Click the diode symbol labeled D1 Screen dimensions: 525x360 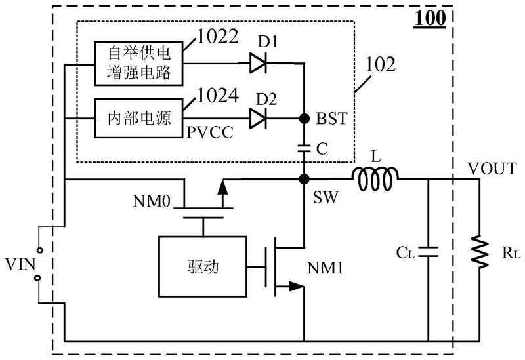258,63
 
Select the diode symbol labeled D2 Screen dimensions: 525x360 258,119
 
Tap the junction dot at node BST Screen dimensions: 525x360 304,119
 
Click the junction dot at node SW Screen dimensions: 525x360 304,179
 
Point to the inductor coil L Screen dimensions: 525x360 375,178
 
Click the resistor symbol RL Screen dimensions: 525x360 479,252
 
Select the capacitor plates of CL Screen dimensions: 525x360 428,252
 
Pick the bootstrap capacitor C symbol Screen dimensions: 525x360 304,148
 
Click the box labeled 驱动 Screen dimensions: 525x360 203,267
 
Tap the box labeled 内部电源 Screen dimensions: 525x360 138,118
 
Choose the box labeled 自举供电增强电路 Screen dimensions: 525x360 138,63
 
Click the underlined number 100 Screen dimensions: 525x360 430,18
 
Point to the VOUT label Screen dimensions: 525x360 492,169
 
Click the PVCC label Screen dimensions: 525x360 209,132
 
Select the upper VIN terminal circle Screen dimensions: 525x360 39,250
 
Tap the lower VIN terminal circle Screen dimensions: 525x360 38,278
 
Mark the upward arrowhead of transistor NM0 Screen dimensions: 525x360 222,188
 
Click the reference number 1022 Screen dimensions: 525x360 218,36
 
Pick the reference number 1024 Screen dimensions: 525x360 218,95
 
